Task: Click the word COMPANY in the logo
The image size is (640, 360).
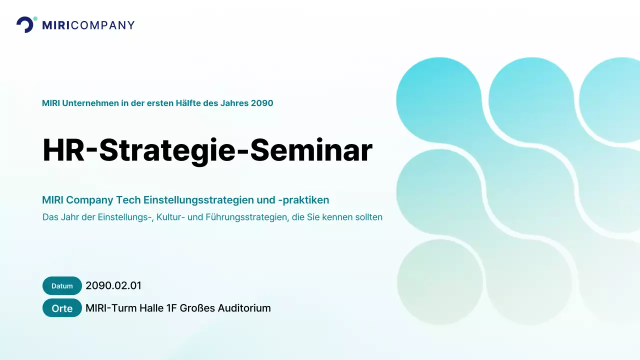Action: pos(103,25)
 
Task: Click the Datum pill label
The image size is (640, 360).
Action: pos(62,286)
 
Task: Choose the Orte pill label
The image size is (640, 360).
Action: pos(62,308)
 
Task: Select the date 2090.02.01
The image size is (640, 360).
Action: pos(113,286)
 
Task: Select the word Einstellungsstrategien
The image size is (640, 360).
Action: pos(198,200)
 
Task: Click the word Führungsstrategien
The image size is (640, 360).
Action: pos(245,217)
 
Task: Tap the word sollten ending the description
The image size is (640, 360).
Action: pos(368,217)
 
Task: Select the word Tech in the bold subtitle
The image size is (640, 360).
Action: pos(128,200)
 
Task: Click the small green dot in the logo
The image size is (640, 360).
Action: pos(35,18)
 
